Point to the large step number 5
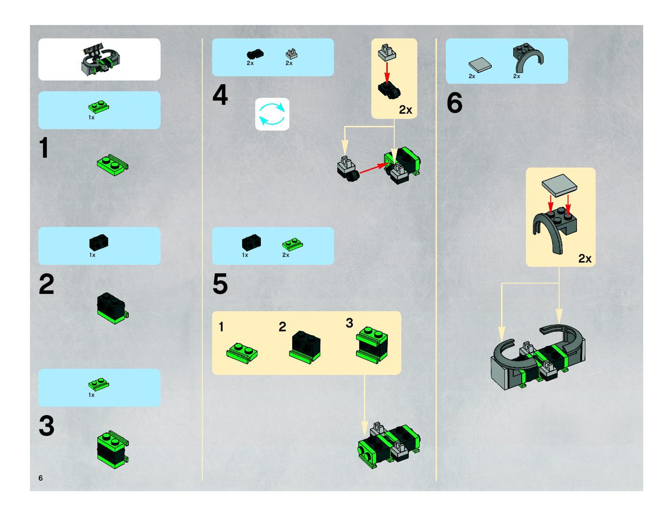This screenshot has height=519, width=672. coord(220,284)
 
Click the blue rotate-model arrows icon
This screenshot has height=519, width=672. coord(272,114)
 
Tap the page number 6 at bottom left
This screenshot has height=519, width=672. coord(41,478)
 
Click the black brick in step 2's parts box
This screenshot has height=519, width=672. coord(99,242)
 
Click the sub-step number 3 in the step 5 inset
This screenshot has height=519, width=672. coord(349,323)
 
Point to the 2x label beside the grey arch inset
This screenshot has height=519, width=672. coord(585,259)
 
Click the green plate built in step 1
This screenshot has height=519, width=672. coord(113,165)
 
